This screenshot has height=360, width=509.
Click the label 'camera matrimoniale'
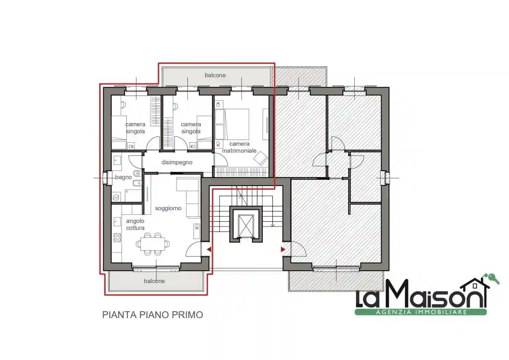tap(239, 147)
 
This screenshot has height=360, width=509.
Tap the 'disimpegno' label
tap(177, 163)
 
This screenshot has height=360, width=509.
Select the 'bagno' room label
tap(123, 177)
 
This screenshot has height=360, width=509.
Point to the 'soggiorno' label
tap(168, 208)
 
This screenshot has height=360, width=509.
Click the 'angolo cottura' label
tap(135, 225)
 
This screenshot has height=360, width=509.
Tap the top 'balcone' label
tap(215, 75)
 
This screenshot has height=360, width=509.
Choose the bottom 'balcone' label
tap(154, 281)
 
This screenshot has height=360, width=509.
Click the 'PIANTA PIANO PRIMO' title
tap(152, 315)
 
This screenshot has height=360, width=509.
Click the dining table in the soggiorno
tap(152, 244)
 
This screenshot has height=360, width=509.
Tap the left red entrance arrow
tap(209, 250)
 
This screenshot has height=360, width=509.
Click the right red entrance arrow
tap(283, 250)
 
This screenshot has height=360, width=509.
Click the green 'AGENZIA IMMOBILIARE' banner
tap(421, 312)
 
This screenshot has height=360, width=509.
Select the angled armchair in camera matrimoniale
tap(261, 158)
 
